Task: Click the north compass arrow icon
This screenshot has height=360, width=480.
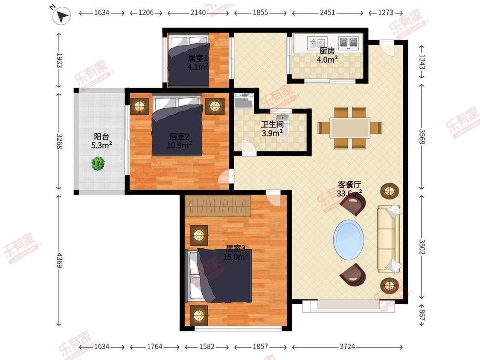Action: click(x=61, y=16)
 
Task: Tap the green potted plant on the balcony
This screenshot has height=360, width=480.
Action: click(x=98, y=163)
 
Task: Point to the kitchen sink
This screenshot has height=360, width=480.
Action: click(x=317, y=43)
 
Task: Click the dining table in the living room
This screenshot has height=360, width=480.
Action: click(x=350, y=128)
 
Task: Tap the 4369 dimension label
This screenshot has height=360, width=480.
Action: click(x=59, y=260)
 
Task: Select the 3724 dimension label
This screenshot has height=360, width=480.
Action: click(x=347, y=346)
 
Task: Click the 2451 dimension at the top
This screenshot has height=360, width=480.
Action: click(x=328, y=12)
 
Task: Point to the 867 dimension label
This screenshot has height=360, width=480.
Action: click(x=422, y=315)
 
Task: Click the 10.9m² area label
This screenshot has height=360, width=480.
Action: click(x=179, y=145)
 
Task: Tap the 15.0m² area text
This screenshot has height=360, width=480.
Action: click(x=236, y=256)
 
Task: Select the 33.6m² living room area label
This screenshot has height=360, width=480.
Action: click(x=349, y=193)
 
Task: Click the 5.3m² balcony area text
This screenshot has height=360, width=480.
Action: click(x=101, y=145)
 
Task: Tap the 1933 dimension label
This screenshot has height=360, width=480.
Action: click(x=59, y=60)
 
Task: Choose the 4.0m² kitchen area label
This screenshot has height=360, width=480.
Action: click(x=327, y=59)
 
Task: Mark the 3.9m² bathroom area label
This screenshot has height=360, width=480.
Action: click(x=272, y=133)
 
